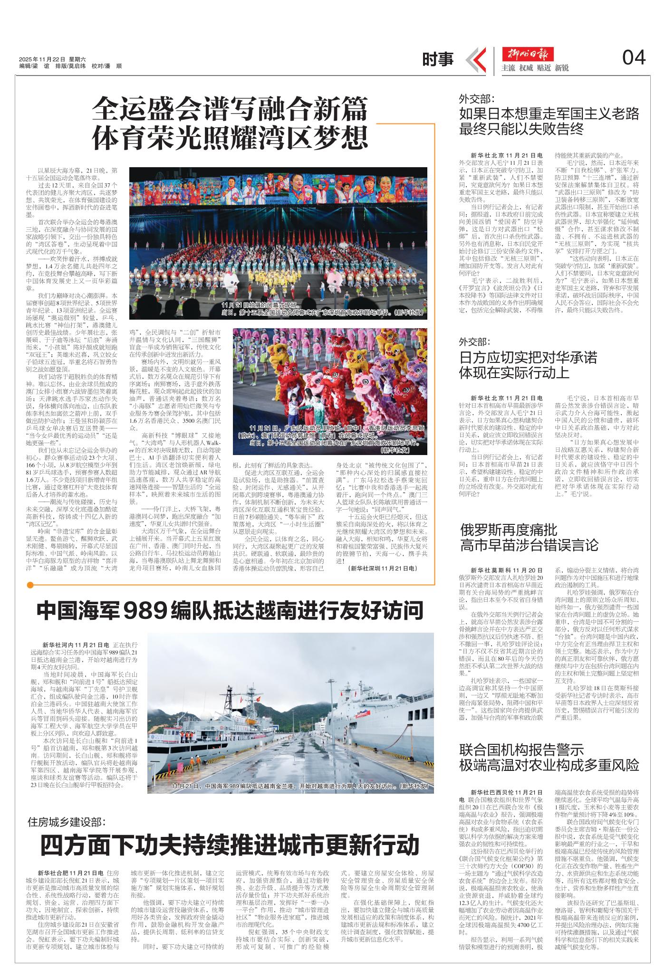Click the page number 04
click(634, 58)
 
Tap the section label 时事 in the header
click(438, 59)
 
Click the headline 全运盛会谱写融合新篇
click(230, 108)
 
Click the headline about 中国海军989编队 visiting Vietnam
click(230, 611)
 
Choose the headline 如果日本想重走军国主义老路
click(549, 114)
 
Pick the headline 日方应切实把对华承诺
click(528, 357)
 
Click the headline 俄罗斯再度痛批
click(509, 530)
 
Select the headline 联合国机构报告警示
click(521, 750)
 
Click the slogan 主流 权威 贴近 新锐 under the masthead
click(535, 68)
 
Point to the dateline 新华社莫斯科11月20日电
click(507, 570)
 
